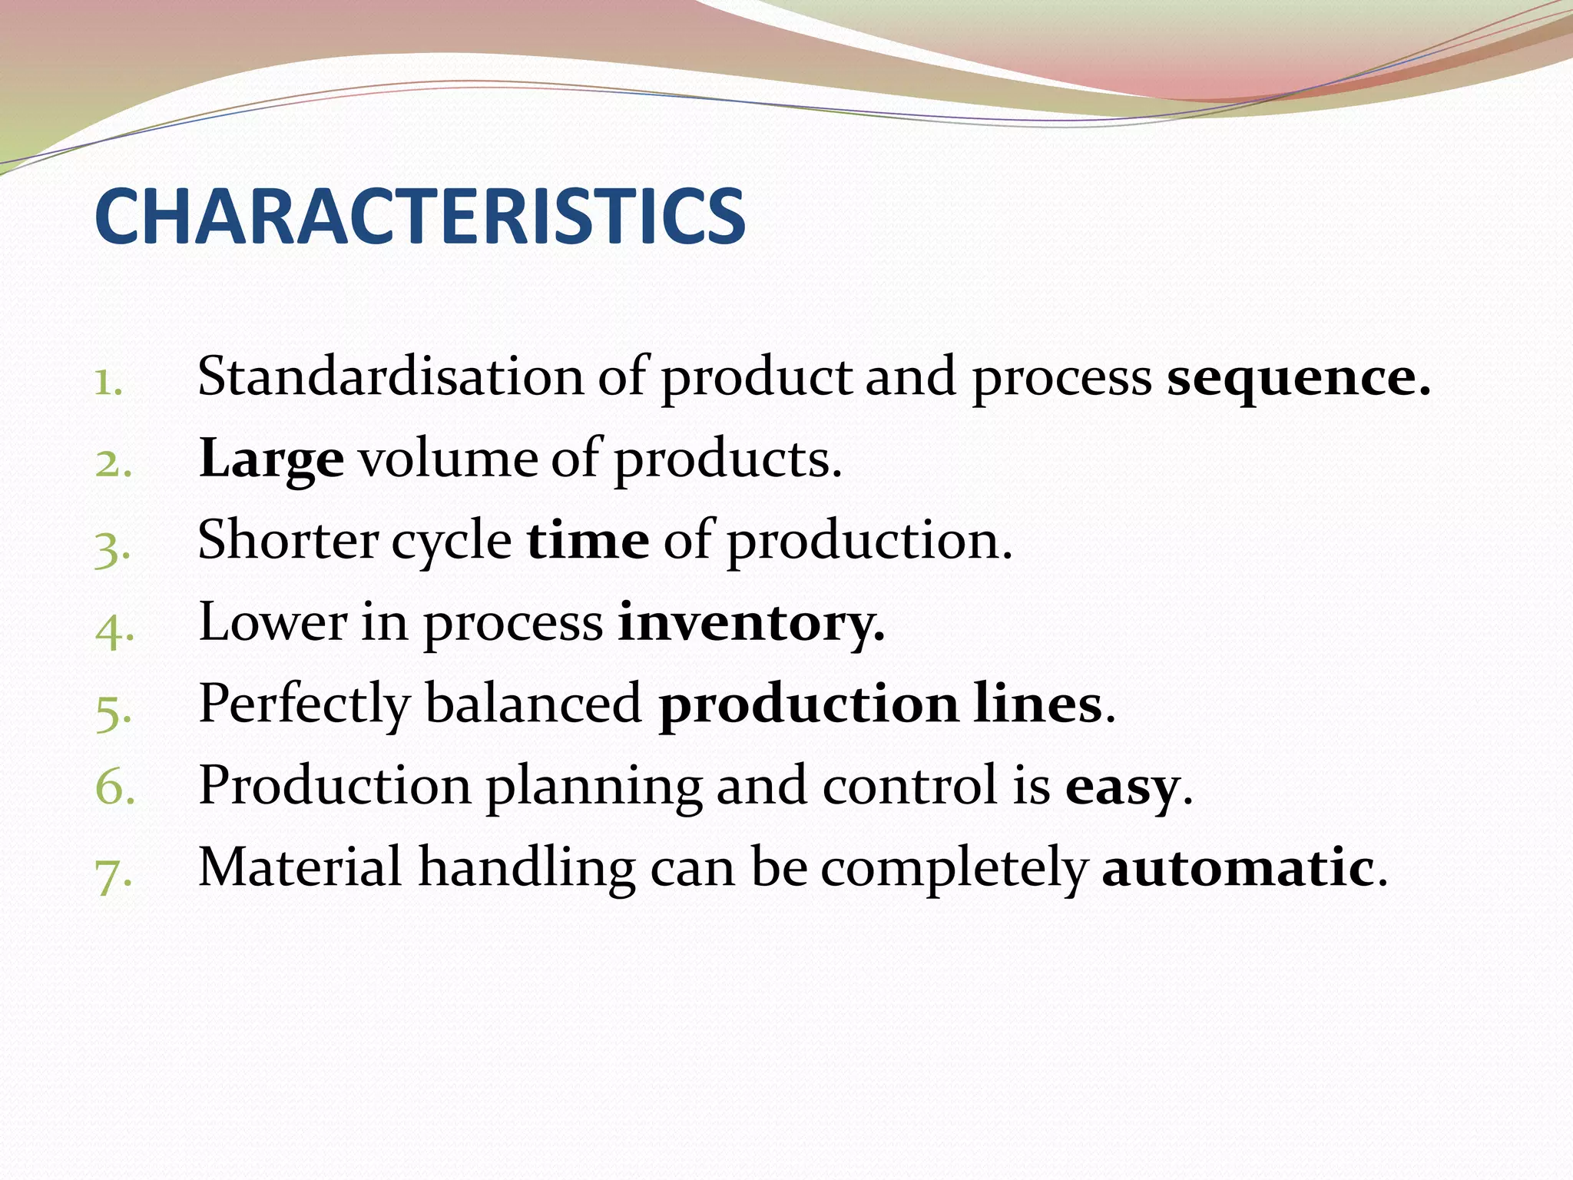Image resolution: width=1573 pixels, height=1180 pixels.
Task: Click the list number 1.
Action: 108,383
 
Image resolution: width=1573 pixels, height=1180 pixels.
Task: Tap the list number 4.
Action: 114,631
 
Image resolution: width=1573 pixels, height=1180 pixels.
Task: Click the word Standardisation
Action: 390,376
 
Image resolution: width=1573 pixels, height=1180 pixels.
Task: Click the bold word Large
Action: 271,459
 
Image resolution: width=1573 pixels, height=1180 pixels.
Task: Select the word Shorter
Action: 287,540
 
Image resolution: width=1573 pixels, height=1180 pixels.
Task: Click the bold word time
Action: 588,540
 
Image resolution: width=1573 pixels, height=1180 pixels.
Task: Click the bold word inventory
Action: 751,623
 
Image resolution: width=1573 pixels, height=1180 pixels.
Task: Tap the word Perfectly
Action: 304,704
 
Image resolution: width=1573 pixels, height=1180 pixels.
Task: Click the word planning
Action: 594,787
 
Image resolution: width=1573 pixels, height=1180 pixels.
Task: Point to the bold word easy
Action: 1121,787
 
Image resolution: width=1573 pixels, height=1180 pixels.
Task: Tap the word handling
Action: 527,869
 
